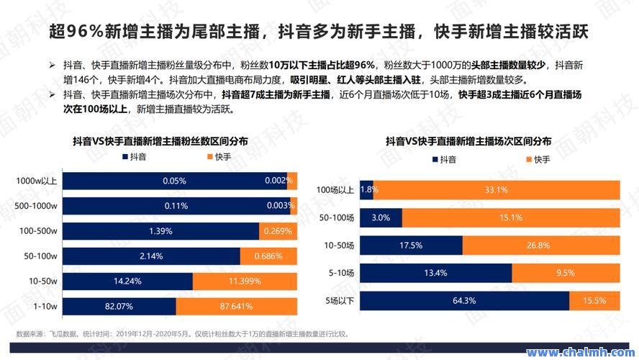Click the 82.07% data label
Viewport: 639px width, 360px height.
pos(119,307)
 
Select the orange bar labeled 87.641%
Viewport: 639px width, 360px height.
pos(236,307)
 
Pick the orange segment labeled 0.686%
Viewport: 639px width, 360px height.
pos(268,256)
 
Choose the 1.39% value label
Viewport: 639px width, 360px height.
pos(160,231)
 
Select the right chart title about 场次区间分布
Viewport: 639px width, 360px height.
pos(468,141)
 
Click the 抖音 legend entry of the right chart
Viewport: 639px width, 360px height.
pos(443,158)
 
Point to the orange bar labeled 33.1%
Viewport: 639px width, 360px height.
pos(497,190)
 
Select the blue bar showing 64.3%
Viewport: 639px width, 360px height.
pos(464,300)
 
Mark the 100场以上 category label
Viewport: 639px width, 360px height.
pos(335,190)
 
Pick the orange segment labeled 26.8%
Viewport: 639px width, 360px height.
pos(540,246)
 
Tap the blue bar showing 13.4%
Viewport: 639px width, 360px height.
pos(435,273)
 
